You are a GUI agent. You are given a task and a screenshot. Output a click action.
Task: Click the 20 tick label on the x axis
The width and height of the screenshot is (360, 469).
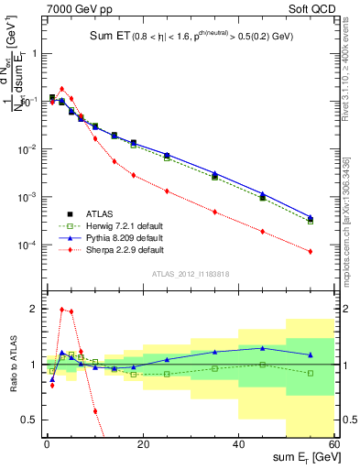pos(142,444)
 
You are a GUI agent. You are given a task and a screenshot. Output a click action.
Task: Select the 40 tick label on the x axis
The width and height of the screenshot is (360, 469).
pos(238,444)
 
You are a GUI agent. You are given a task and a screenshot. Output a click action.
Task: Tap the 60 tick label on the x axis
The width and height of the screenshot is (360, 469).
pos(333,444)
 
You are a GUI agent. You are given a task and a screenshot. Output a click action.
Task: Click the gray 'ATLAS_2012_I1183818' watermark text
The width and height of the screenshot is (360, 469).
pos(190,273)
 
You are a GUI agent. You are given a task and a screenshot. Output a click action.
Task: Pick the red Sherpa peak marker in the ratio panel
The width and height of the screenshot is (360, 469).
pos(61,309)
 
